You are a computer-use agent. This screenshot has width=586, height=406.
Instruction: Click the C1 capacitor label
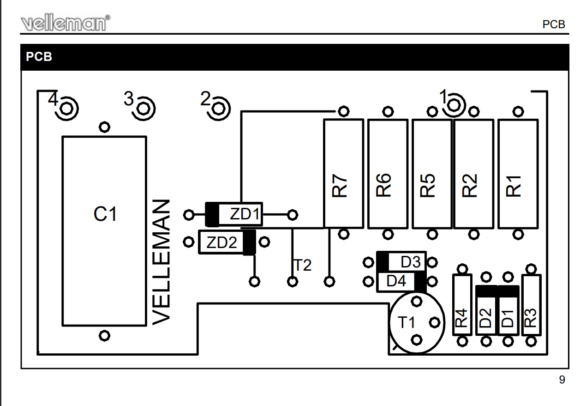105,214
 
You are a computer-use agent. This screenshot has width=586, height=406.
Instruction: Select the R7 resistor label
340,186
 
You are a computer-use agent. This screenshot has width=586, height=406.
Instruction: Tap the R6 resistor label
384,186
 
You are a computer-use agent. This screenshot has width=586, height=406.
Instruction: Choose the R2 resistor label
470,186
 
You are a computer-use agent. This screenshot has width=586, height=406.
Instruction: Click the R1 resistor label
514,186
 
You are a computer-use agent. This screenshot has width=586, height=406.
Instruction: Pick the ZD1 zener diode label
245,215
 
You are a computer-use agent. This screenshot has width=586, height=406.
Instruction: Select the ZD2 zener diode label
221,242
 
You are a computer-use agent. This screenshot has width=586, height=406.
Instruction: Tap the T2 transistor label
303,265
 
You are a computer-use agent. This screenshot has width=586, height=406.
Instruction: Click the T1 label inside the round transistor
407,322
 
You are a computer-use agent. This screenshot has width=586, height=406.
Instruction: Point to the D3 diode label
410,262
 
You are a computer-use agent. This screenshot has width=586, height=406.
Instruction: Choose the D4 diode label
396,281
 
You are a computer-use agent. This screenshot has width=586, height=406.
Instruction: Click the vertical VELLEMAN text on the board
162,261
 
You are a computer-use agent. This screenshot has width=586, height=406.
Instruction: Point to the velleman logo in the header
66,22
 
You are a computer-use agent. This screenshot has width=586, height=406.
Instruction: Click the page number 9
562,380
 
